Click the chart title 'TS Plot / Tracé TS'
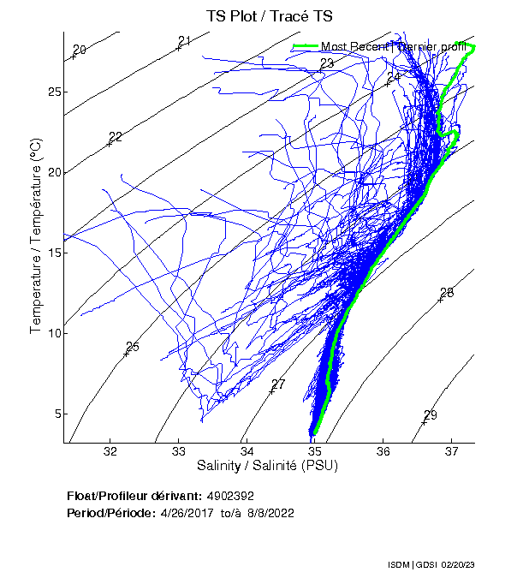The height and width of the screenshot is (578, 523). click(x=270, y=16)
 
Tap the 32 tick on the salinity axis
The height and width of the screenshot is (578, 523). click(x=110, y=452)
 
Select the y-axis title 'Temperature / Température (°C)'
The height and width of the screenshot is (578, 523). click(x=36, y=238)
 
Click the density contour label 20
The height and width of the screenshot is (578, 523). click(x=80, y=50)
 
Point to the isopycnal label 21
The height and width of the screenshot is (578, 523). click(x=185, y=41)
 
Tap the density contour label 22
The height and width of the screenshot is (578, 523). click(x=116, y=137)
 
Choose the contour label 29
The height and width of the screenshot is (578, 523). click(x=431, y=415)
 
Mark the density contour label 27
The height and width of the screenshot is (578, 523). click(x=278, y=384)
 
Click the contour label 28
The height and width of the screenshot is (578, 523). click(x=447, y=293)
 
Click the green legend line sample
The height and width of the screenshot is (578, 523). click(x=305, y=46)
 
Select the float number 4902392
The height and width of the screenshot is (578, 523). click(x=230, y=496)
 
